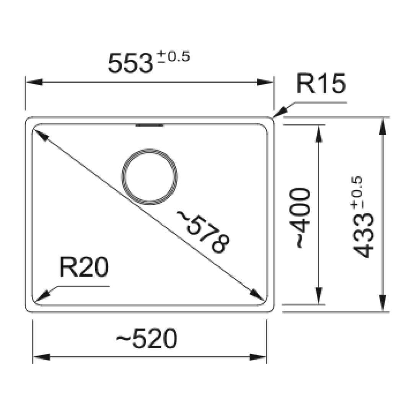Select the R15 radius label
coord(321,84)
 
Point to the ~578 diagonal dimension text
coord(203,232)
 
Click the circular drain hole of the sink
coord(150,176)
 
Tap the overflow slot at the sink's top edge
coord(150,125)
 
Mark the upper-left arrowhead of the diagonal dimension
coord(40,135)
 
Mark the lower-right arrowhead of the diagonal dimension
coord(256,295)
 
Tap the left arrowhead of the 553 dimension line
coord(33,82)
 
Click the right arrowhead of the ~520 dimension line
coord(258,357)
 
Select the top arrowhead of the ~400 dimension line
coord(318,134)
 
